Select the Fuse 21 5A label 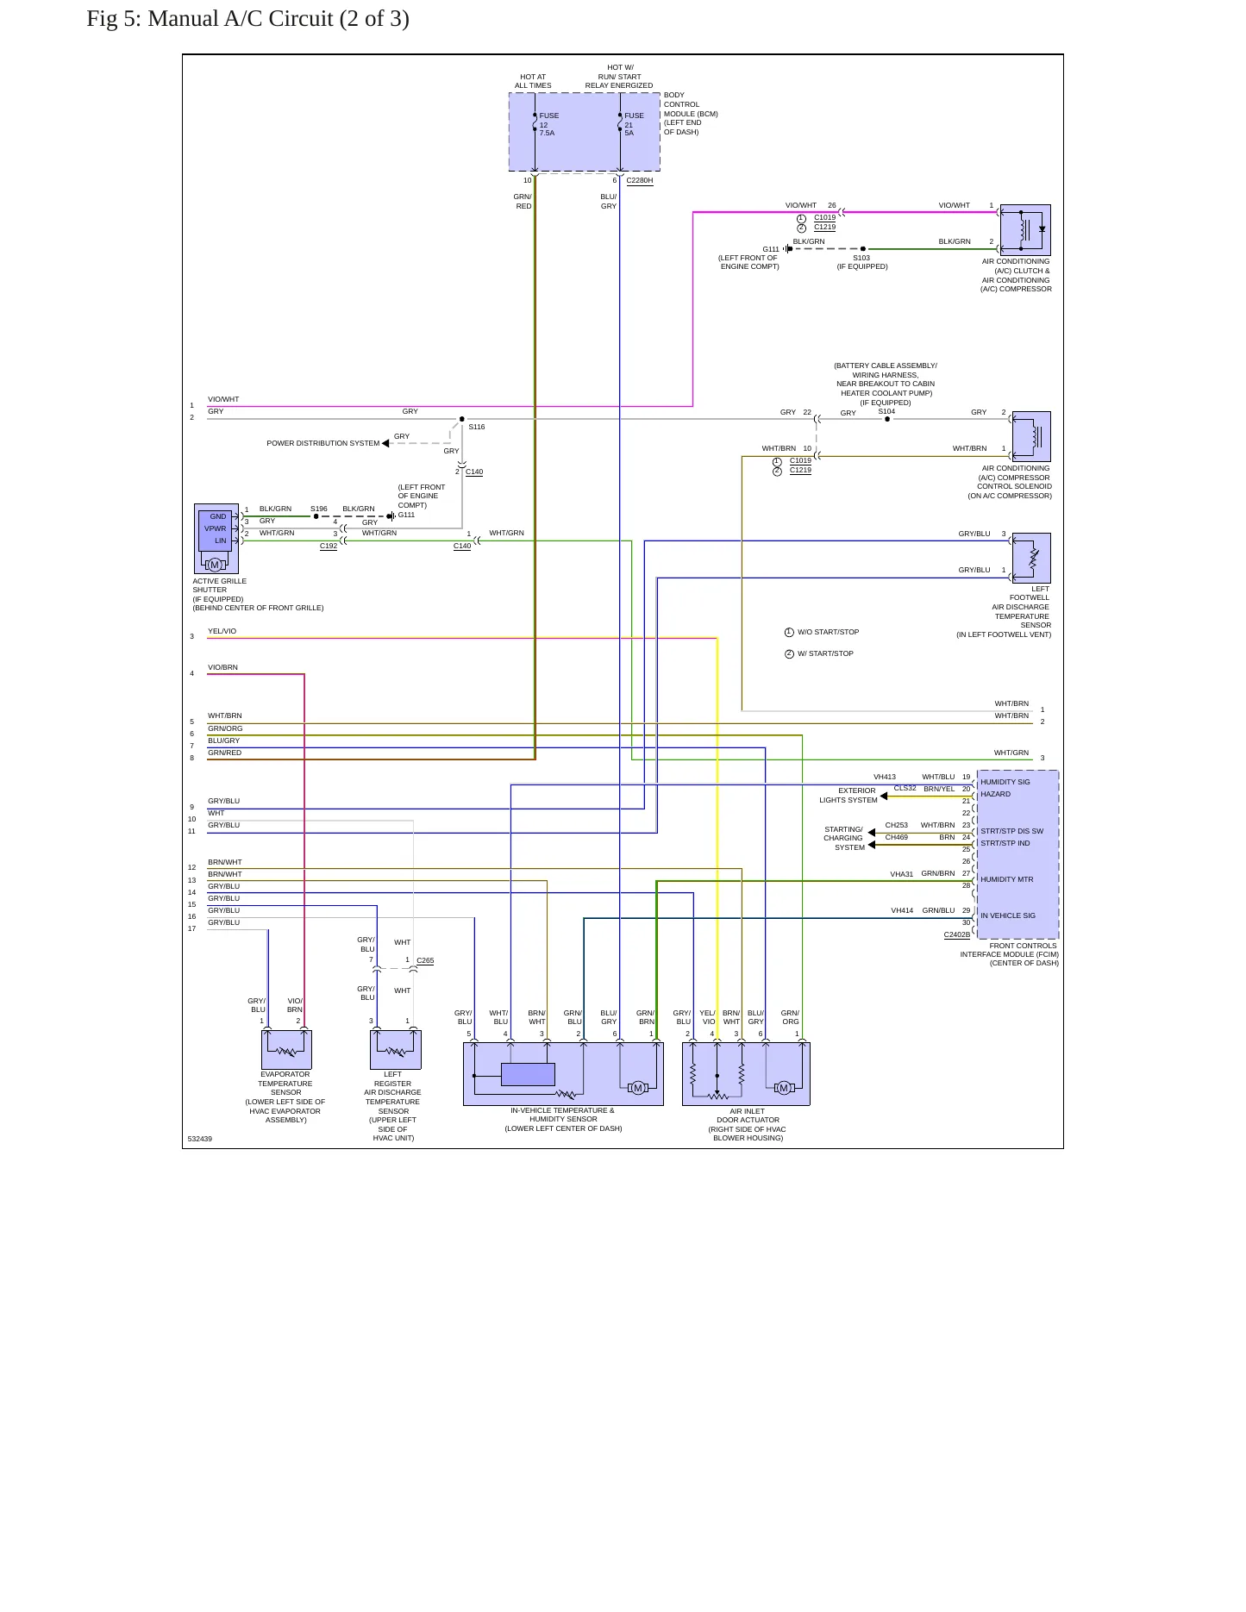pyautogui.click(x=634, y=124)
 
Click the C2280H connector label pyautogui.click(x=640, y=181)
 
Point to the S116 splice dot pyautogui.click(x=462, y=419)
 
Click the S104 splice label pyautogui.click(x=886, y=411)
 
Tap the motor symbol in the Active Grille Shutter pyautogui.click(x=215, y=565)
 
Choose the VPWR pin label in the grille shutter pyautogui.click(x=216, y=528)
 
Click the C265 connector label pyautogui.click(x=425, y=960)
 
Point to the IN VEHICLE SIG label pyautogui.click(x=1008, y=915)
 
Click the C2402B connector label pyautogui.click(x=957, y=934)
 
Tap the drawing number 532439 pyautogui.click(x=200, y=1139)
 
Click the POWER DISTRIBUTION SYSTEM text pyautogui.click(x=323, y=443)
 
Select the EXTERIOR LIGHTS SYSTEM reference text pyautogui.click(x=848, y=795)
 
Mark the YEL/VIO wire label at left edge pyautogui.click(x=222, y=631)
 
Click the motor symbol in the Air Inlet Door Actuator pyautogui.click(x=784, y=1088)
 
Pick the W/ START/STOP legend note pyautogui.click(x=825, y=653)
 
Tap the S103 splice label pyautogui.click(x=861, y=258)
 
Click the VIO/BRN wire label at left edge pyautogui.click(x=222, y=667)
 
